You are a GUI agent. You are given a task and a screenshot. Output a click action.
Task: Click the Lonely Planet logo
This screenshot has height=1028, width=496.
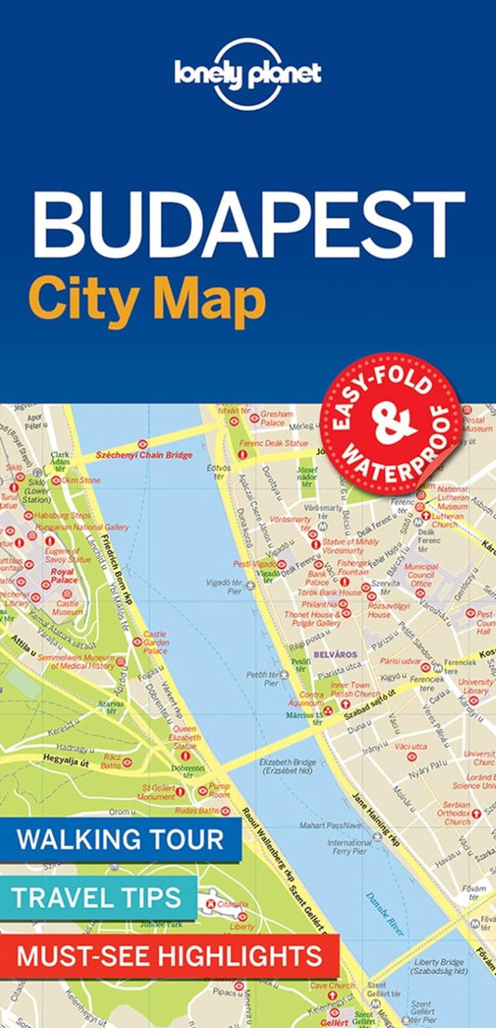click(248, 73)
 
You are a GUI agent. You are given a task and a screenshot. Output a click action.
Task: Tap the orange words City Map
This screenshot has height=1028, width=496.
click(147, 300)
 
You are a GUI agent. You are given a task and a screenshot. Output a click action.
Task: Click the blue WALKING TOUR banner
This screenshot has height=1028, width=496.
click(120, 840)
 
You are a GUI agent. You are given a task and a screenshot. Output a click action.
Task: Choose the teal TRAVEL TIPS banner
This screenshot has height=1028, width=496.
click(98, 898)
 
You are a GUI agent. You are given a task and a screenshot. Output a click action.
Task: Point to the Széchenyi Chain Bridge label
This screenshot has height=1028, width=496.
click(141, 456)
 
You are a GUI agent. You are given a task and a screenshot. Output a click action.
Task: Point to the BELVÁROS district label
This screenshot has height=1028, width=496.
click(340, 656)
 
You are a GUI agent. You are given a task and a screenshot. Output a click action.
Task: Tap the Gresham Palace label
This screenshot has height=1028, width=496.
click(277, 419)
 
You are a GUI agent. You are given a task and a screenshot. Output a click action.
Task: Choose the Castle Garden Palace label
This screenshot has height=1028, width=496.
click(155, 643)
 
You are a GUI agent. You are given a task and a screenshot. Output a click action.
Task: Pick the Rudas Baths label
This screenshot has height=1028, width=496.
click(194, 811)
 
